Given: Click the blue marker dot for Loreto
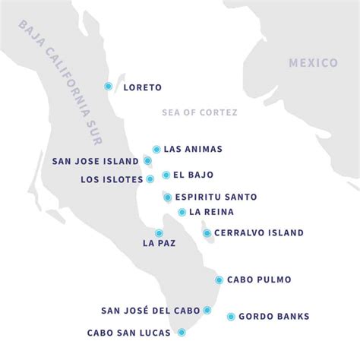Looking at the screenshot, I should pyautogui.click(x=109, y=87).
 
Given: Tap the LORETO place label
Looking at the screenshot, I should pyautogui.click(x=142, y=87).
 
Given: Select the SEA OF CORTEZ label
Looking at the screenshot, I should pyautogui.click(x=200, y=112).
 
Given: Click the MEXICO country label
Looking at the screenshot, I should pyautogui.click(x=312, y=63).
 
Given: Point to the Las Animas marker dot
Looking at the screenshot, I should pyautogui.click(x=156, y=150).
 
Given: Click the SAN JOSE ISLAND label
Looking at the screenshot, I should pyautogui.click(x=95, y=161).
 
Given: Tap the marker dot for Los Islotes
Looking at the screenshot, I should pyautogui.click(x=150, y=179).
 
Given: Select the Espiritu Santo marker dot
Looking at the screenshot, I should pyautogui.click(x=167, y=197).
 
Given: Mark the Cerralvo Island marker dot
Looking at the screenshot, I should pyautogui.click(x=207, y=233).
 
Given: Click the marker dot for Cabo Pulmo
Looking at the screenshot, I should pyautogui.click(x=219, y=279).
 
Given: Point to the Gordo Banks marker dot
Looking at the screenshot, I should pyautogui.click(x=231, y=316).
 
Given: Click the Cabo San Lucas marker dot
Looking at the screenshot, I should pyautogui.click(x=182, y=332).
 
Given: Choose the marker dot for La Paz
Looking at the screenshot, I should pyautogui.click(x=159, y=233).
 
